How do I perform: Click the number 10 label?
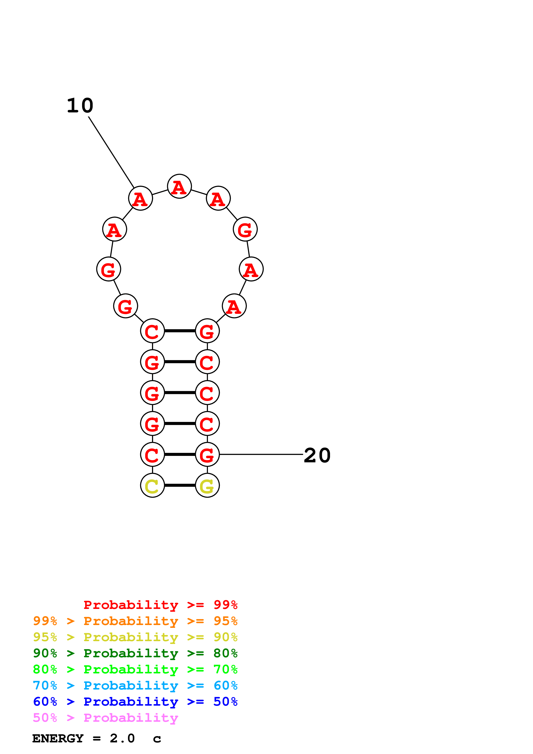tap(80, 106)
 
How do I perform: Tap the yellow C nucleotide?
tap(152, 485)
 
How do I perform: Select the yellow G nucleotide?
tap(207, 485)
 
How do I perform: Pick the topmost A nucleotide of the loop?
tap(179, 186)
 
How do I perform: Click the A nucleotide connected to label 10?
tap(141, 198)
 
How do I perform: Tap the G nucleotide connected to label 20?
tap(207, 455)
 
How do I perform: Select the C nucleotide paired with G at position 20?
tap(152, 455)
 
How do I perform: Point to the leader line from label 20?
tap(261, 455)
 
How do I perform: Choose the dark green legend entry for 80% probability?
tap(135, 653)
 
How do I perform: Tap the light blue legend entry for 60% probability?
tap(135, 685)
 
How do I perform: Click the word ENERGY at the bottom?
tap(58, 738)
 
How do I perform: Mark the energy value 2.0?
tap(122, 738)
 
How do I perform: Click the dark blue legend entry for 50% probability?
tap(135, 702)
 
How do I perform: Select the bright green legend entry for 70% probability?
tap(135, 669)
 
